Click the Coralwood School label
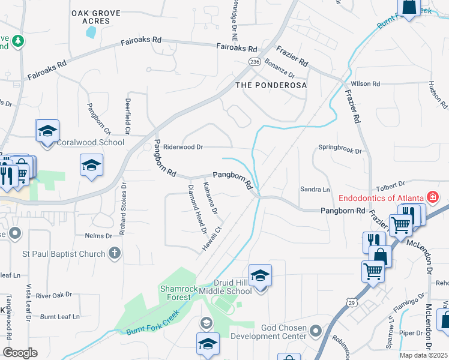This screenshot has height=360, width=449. point(90,142)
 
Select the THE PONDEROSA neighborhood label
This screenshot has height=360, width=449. point(271,85)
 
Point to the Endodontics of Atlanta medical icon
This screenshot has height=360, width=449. point(432,197)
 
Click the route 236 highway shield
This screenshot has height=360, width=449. point(255,62)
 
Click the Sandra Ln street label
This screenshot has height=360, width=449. point(315,190)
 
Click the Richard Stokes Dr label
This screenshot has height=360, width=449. point(122,208)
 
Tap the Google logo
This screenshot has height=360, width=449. point(20,352)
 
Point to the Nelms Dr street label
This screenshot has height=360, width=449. point(99,236)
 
